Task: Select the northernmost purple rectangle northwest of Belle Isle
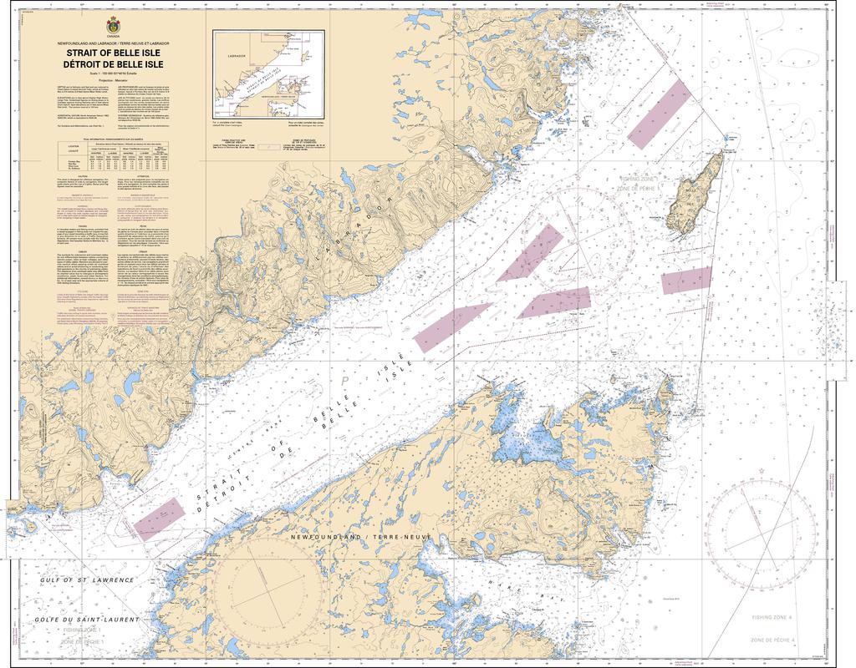(x=660, y=115)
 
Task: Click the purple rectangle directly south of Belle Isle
(x=686, y=281)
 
